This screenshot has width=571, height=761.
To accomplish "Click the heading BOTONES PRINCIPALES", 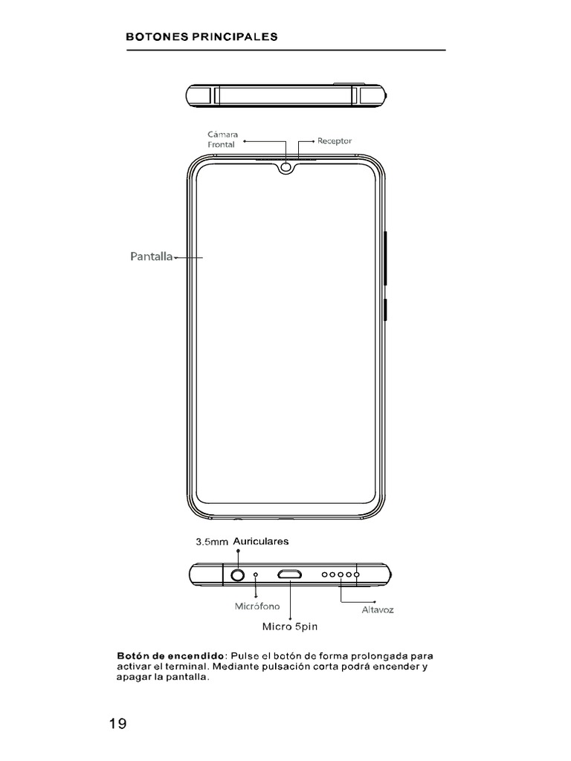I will [202, 36].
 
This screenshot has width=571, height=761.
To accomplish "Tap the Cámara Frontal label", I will [222, 139].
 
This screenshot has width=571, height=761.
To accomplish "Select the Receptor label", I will [334, 140].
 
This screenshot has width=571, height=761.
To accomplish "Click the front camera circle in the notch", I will [287, 169].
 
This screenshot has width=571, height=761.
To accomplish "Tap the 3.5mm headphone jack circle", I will [238, 574].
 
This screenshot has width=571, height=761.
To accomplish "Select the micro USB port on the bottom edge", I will [289, 574].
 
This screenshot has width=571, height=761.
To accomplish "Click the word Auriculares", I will [260, 542].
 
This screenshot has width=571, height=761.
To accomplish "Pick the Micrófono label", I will [257, 606].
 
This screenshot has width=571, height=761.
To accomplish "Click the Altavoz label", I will [377, 610].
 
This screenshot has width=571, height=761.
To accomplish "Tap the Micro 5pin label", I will [289, 626].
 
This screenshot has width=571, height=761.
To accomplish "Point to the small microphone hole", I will [257, 574].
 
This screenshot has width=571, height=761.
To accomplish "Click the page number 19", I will [117, 725].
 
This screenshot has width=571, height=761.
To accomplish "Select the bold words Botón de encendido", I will [170, 657].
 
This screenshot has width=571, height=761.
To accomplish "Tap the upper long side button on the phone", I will [386, 258].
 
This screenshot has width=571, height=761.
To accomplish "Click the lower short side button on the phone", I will [386, 309].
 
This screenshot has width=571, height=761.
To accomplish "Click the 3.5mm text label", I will [211, 543].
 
